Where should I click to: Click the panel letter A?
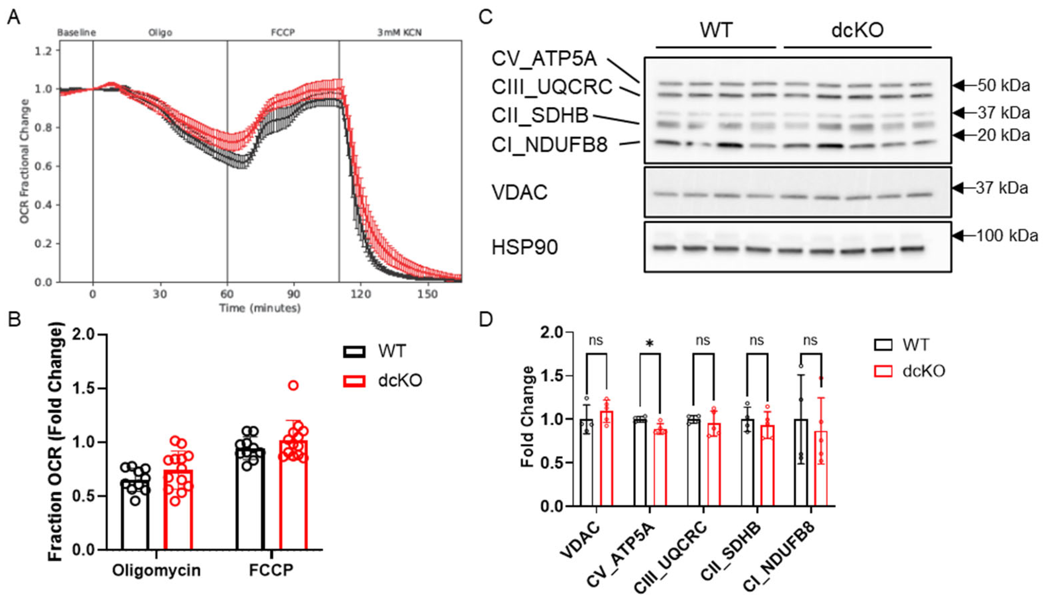tap(13, 17)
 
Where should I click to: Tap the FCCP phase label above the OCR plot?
tap(282, 32)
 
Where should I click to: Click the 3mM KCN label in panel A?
tap(399, 32)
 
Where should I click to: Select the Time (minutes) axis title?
tap(260, 308)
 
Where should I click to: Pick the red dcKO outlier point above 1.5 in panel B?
tap(293, 385)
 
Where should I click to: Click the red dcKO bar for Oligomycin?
tap(178, 509)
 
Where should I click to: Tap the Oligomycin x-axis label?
tap(156, 571)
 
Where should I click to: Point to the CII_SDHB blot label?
tap(540, 115)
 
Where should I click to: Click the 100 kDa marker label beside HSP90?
tap(1007, 236)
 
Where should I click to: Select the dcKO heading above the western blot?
tap(857, 30)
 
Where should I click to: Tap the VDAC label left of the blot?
tap(520, 193)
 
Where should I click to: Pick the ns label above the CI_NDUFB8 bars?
tap(810, 340)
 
